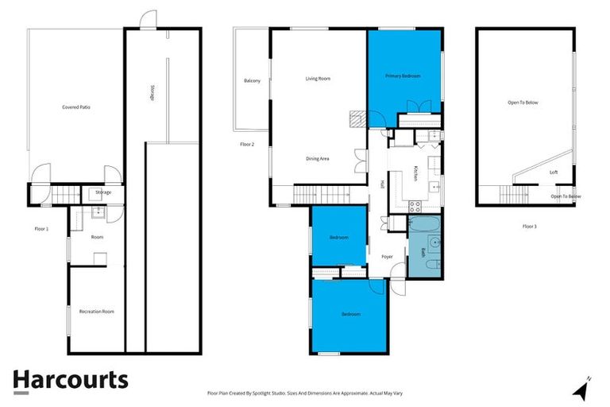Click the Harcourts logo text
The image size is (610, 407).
click(70, 380)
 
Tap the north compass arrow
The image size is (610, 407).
click(582, 389)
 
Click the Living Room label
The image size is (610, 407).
click(318, 79)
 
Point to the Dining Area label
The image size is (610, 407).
click(318, 159)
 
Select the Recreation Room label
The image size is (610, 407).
click(96, 312)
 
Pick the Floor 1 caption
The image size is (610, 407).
click(41, 229)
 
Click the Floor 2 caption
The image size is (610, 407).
click(247, 144)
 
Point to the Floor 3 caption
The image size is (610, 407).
click(530, 227)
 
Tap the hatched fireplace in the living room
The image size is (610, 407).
click(357, 119)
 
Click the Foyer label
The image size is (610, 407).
click(388, 257)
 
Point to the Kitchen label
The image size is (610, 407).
click(415, 173)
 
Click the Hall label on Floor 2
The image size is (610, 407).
click(382, 184)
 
